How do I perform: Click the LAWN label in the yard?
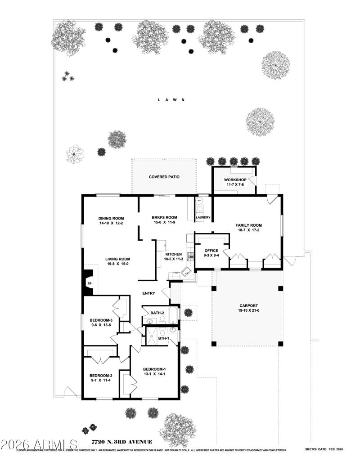[171, 100]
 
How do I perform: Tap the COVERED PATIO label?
[164, 177]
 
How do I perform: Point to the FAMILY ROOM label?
[249, 225]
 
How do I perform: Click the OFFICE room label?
[211, 251]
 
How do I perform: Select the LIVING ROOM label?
[118, 259]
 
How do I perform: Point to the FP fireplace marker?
[89, 284]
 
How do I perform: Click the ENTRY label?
[148, 294]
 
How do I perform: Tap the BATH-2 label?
[157, 313]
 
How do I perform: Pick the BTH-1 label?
[163, 338]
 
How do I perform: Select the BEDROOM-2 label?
[101, 376]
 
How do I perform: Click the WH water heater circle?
[199, 201]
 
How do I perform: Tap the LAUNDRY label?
[203, 218]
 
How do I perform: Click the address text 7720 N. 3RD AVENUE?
[121, 442]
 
